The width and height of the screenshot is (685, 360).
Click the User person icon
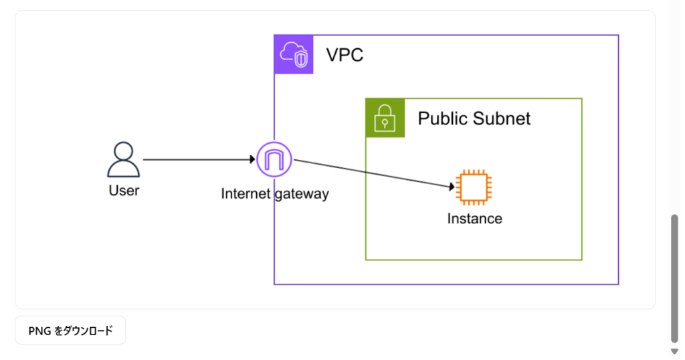pos(124,159)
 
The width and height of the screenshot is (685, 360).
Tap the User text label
pos(124,191)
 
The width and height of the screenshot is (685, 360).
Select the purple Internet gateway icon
pos(274,159)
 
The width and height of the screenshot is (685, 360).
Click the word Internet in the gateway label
pos(246,194)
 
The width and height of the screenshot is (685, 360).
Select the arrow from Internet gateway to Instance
pos(371,173)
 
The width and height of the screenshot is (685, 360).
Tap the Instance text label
pos(474,218)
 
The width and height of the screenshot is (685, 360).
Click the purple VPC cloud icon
pos(294,54)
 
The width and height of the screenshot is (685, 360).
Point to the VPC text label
pos(345,55)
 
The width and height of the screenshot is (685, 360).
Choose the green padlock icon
pos(385,118)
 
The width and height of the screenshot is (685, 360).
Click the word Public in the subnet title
pos(442,118)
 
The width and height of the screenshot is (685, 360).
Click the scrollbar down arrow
pos(674,351)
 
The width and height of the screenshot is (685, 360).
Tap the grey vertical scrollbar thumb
pos(674,278)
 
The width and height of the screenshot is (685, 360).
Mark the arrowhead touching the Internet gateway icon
pos(252,160)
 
